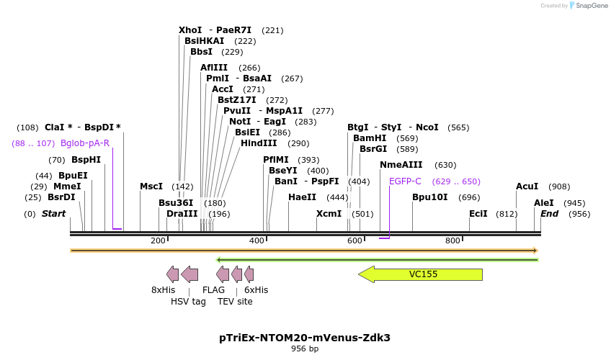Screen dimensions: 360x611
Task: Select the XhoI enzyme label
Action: coord(190,30)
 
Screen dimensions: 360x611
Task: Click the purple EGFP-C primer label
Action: coord(405,181)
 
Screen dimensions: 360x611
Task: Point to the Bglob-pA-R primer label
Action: coord(85,143)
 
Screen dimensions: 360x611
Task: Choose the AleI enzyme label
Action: coord(543,203)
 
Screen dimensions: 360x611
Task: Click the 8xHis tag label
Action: coord(163,290)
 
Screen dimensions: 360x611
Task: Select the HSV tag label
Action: coord(188,302)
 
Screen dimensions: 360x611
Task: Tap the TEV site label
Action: coord(235,302)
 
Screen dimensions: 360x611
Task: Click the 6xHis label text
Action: coord(256,290)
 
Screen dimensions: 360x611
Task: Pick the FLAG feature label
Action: coord(213,290)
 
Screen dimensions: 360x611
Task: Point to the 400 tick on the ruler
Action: coord(257,240)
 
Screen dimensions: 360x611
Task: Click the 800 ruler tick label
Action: coord(452,240)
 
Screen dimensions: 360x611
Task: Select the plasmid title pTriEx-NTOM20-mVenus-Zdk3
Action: coord(305,337)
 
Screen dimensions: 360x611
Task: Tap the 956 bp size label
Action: coord(305,349)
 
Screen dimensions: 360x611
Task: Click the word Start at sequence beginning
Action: coord(53,214)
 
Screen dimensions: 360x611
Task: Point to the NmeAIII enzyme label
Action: coord(401,165)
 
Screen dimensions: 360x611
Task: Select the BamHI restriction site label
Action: coord(370,138)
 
